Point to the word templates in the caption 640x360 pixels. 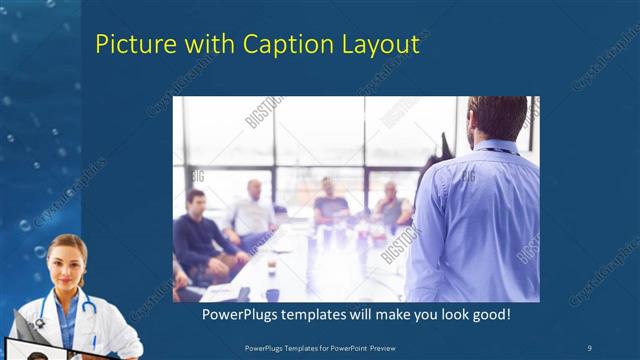tap(326, 314)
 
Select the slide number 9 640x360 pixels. tap(589, 346)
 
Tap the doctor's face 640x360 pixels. tap(67, 262)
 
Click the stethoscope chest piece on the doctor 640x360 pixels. tap(40, 322)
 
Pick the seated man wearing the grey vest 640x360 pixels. tap(392, 208)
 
